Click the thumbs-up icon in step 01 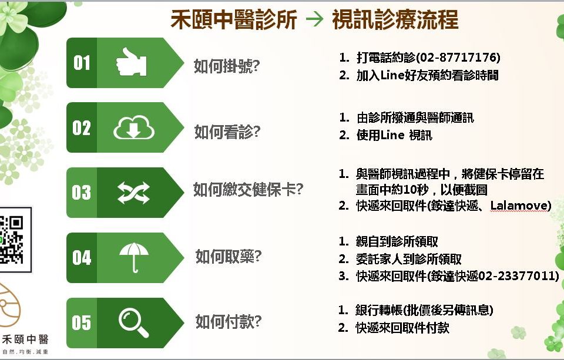coord(131,62)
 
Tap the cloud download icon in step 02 coord(134,127)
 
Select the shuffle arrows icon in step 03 coord(133,193)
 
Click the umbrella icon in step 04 coord(134,257)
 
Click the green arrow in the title coord(314,19)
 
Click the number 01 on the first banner coord(82,63)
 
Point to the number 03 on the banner coord(81,193)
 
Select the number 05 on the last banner coord(81,322)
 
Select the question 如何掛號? coord(227,66)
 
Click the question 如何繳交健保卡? coord(248,189)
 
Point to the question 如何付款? coord(229,321)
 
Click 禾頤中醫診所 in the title coord(234,19)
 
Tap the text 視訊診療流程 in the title coord(395,19)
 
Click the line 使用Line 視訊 coord(394,135)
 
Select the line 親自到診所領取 coord(397,241)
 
